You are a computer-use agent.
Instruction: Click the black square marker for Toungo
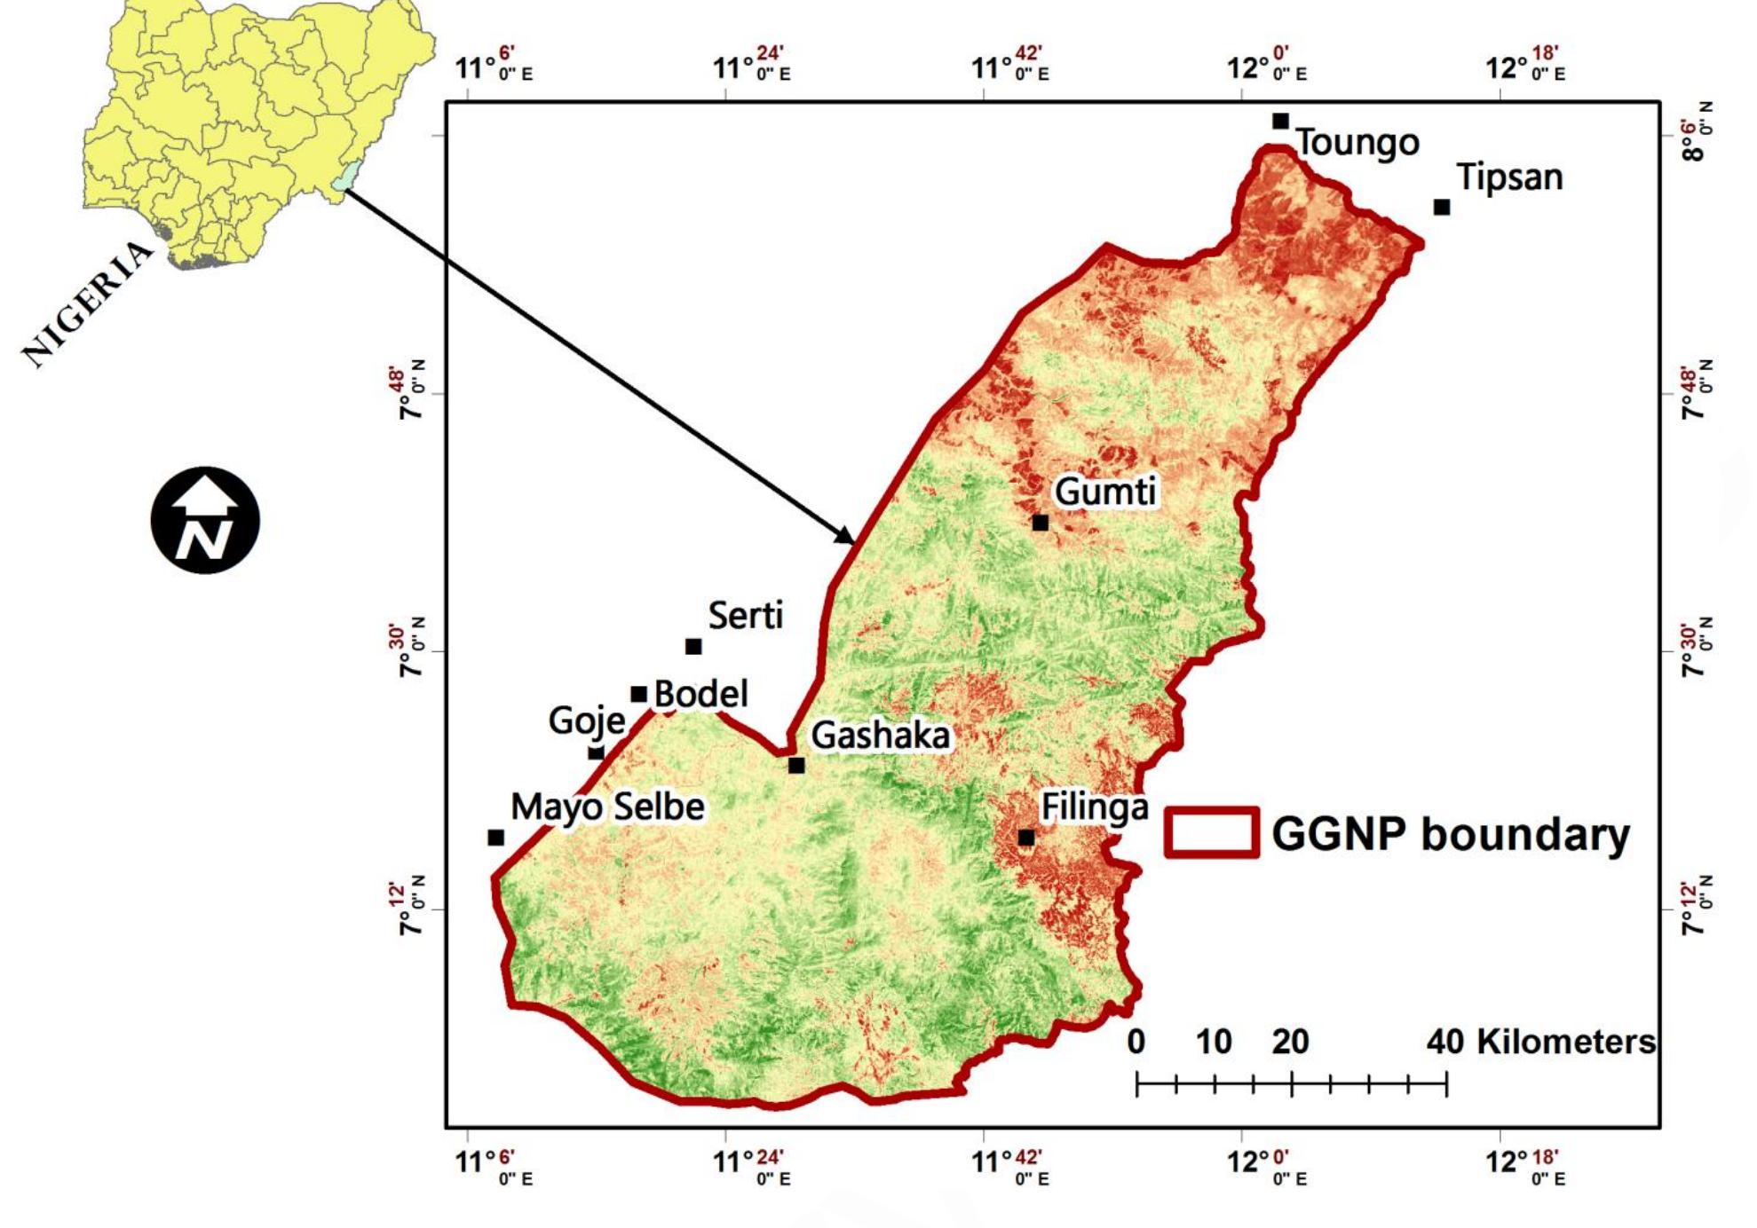coord(1279,121)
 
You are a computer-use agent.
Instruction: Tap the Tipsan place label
coord(1509,177)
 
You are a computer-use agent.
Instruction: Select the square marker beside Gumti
coord(1040,523)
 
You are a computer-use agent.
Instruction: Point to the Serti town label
coord(745,615)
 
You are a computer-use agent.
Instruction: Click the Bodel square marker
coord(638,694)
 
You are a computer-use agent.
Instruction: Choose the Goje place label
coord(586,720)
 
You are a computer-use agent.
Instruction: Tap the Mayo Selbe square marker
coord(495,838)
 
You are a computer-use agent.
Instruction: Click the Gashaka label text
coord(880,736)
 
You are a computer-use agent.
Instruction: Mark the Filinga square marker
coord(1025,838)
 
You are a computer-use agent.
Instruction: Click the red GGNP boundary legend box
coord(1211,832)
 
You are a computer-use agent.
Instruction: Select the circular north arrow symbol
coord(205,520)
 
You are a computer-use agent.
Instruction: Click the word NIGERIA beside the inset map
coord(87,303)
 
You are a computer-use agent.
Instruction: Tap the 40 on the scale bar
coord(1444,1042)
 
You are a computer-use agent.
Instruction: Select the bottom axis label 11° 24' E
coord(751,1165)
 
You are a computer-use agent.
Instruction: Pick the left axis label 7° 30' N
coord(408,650)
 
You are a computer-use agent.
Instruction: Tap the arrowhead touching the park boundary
coord(846,536)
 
